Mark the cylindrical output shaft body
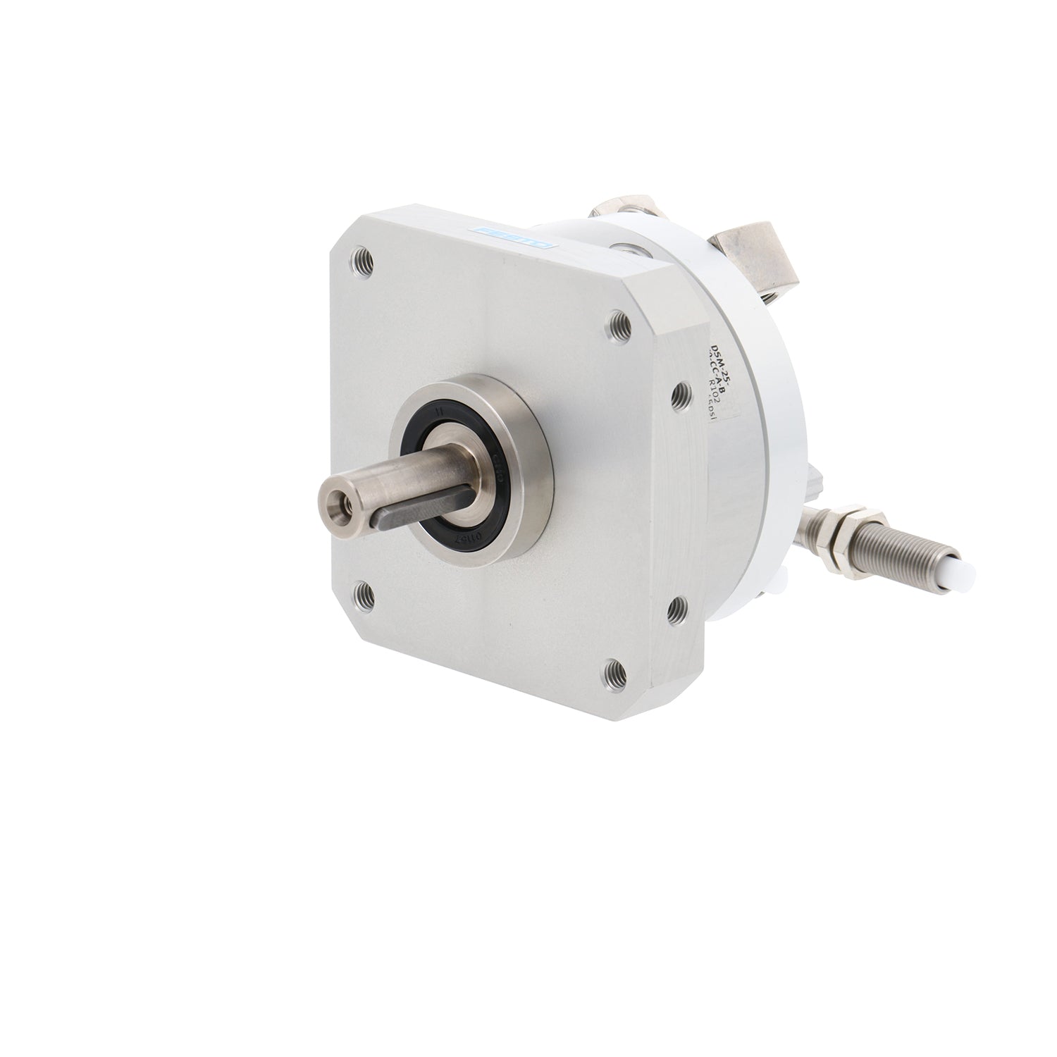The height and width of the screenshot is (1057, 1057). click(x=384, y=479)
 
